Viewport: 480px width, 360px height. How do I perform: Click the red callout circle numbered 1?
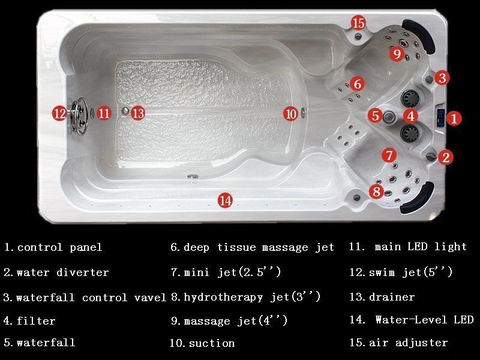click(454, 118)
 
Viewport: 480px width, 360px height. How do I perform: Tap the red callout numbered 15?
click(358, 23)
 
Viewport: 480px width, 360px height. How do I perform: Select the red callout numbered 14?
click(226, 200)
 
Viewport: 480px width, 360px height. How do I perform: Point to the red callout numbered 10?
click(290, 114)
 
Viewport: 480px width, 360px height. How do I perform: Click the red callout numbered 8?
click(376, 191)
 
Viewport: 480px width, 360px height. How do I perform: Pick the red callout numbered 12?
click(59, 113)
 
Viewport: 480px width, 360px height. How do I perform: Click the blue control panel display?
click(441, 118)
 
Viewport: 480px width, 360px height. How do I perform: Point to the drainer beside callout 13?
click(125, 111)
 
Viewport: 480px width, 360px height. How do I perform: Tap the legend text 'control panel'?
click(59, 247)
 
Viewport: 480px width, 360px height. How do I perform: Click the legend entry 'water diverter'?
click(63, 272)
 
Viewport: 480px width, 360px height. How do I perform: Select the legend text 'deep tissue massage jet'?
click(259, 247)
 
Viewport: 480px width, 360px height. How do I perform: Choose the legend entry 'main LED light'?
click(421, 247)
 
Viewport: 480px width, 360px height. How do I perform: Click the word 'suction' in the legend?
click(212, 343)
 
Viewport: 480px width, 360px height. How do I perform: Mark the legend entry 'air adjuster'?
click(409, 343)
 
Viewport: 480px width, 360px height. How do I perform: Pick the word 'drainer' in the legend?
click(392, 296)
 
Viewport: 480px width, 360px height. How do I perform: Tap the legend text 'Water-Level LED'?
click(424, 320)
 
